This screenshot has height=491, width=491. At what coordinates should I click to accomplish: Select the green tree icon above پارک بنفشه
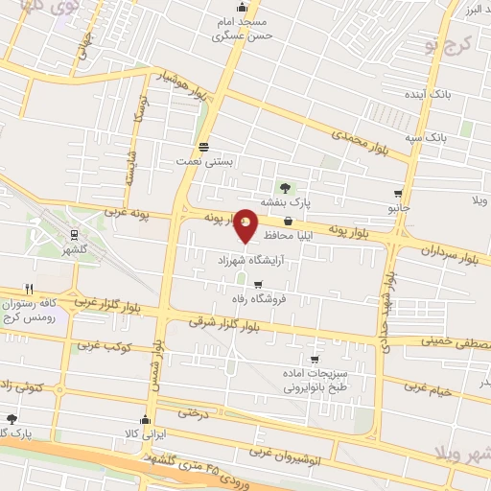[284, 187]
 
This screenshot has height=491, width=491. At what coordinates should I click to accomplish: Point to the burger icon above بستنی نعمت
[203, 148]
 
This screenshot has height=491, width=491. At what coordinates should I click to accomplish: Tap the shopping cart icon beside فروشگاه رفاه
[258, 283]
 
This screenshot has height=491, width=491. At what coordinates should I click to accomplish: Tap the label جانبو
[398, 207]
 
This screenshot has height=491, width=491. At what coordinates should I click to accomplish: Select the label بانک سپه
[430, 138]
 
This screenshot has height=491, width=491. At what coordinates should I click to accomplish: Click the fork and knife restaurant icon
[30, 288]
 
